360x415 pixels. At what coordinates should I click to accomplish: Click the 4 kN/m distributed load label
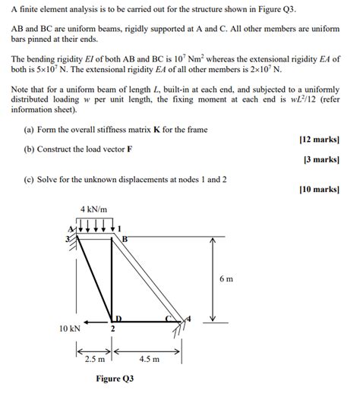coord(93,209)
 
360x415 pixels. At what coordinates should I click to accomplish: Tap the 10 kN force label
coord(69,329)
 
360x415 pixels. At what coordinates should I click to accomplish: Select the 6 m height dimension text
coord(226,279)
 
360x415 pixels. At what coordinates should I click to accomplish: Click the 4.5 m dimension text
coord(150,360)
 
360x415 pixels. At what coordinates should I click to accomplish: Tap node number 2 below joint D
coord(112,329)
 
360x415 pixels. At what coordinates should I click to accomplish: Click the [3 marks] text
coord(321,160)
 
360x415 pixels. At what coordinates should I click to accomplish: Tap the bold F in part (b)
coord(129,149)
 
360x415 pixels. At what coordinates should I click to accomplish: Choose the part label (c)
coord(29,179)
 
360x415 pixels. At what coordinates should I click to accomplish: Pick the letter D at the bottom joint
coord(118,318)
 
